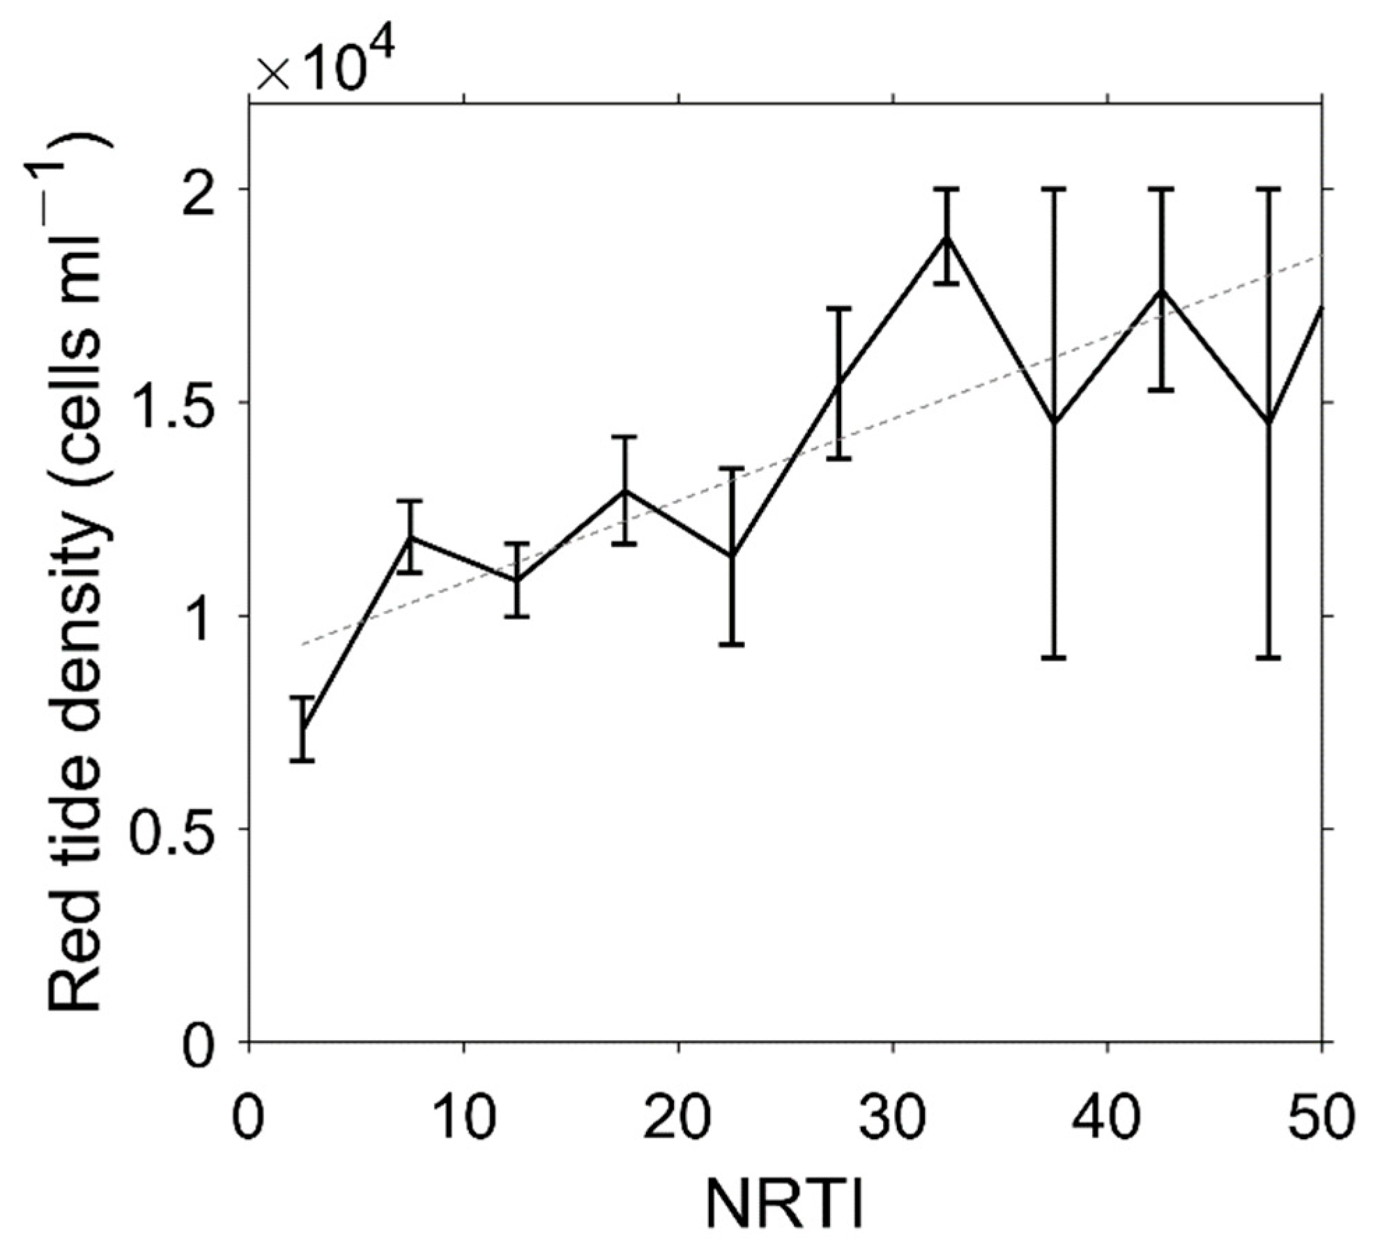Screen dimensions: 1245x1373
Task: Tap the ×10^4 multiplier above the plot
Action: pyautogui.click(x=325, y=66)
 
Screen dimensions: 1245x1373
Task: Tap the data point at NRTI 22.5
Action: pyautogui.click(x=732, y=556)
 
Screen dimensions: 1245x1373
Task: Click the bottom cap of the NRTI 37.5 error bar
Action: pyautogui.click(x=1054, y=657)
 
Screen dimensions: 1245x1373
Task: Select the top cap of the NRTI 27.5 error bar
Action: pyautogui.click(x=840, y=307)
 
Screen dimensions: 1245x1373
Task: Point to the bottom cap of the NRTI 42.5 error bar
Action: pyautogui.click(x=1162, y=389)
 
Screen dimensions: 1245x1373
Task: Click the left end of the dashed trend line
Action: pyautogui.click(x=302, y=644)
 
